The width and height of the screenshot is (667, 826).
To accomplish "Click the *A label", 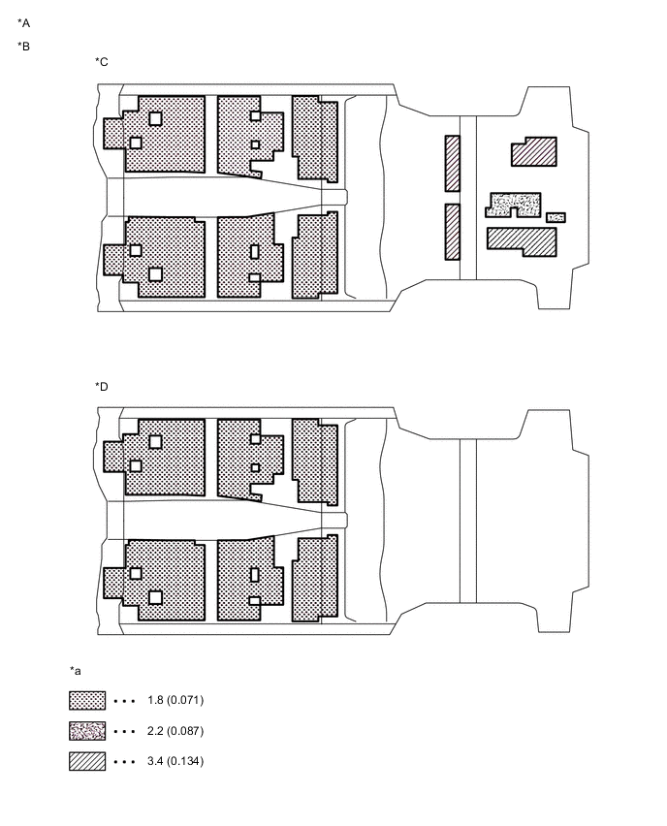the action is (x=23, y=23).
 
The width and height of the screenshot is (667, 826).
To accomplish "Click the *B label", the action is (x=23, y=47).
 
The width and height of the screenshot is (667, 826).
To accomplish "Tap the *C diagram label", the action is (x=102, y=62).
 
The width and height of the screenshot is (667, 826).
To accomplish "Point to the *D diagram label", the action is (x=102, y=387).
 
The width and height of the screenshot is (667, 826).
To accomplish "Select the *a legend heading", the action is (x=76, y=671).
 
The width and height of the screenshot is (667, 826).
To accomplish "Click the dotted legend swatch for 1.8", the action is (x=87, y=701).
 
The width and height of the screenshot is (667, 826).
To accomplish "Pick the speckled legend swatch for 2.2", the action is (x=87, y=731).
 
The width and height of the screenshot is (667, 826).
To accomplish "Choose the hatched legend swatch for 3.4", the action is (x=87, y=761).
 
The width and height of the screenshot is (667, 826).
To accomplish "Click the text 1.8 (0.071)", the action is (x=175, y=700).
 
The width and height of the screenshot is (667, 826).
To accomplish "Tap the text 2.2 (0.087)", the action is (x=175, y=731).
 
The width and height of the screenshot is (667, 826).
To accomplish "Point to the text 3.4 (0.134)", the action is (x=175, y=761).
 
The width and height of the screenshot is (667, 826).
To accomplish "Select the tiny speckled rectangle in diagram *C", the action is (x=556, y=217).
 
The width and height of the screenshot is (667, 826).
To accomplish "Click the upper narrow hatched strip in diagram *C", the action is (x=453, y=163).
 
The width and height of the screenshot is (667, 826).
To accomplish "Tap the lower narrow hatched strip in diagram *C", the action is (x=453, y=232).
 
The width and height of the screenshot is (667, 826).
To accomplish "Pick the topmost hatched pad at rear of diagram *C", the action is (x=534, y=152).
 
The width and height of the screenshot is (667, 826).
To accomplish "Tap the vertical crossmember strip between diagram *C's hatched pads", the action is (x=468, y=198).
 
